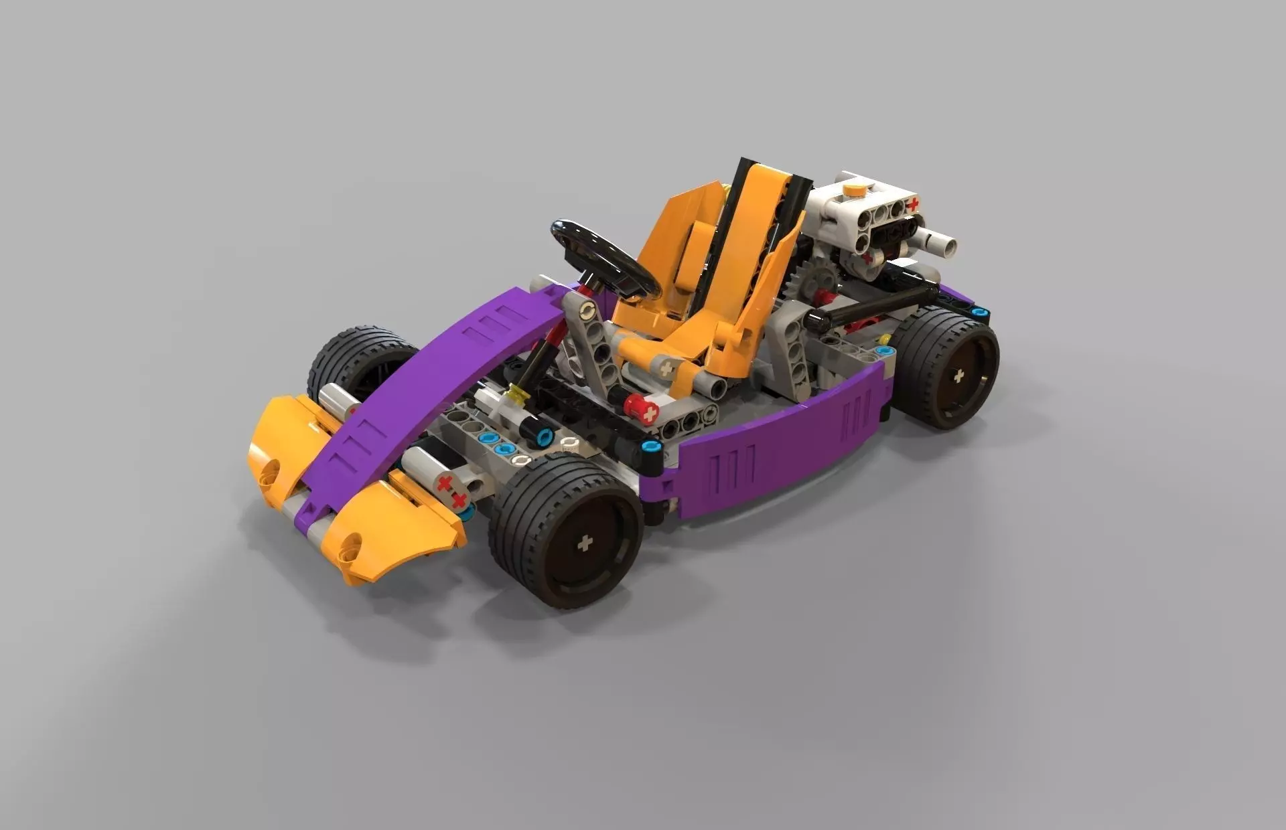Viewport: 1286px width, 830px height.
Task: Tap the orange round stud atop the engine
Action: [x=854, y=189]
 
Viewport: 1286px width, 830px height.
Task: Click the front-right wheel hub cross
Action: [x=585, y=543]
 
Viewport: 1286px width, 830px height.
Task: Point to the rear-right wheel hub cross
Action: [x=959, y=376]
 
